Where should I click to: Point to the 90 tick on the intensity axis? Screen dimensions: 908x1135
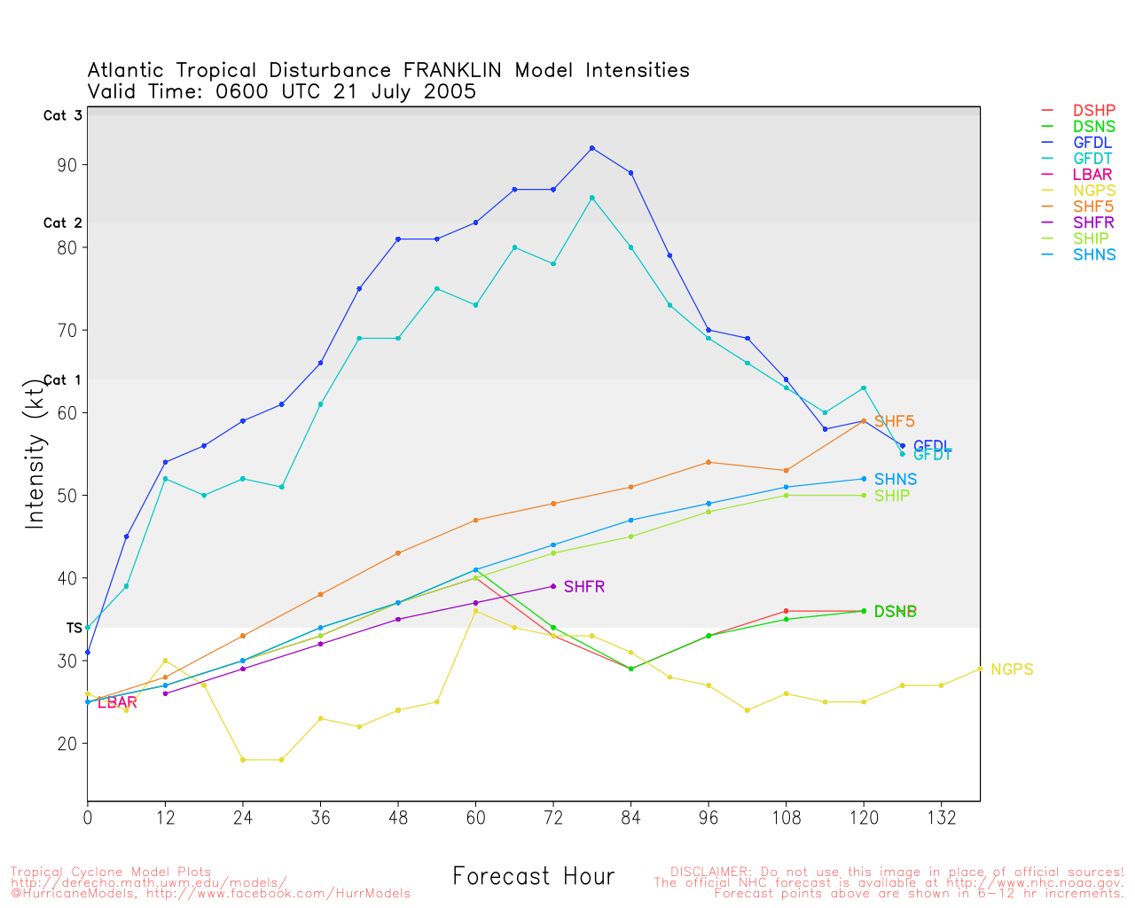(x=68, y=165)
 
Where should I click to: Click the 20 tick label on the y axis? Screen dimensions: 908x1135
(x=68, y=743)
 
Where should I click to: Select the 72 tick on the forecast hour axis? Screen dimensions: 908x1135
(x=553, y=818)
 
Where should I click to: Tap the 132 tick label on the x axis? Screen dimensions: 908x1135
(x=941, y=818)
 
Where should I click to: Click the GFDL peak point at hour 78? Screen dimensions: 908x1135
(x=592, y=148)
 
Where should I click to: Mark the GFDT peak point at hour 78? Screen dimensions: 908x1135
(x=592, y=198)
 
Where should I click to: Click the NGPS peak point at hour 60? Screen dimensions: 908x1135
(x=476, y=611)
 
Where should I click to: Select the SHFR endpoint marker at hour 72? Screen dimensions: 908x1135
(x=553, y=586)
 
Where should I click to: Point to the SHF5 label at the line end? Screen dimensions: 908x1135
(x=894, y=422)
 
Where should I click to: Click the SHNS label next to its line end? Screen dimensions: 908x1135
(x=896, y=480)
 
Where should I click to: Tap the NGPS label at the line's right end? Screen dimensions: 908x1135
(x=1012, y=669)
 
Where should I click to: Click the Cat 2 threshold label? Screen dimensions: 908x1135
(x=62, y=223)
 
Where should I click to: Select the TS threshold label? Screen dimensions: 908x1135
(x=74, y=628)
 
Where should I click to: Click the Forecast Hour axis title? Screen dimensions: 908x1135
(x=533, y=877)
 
